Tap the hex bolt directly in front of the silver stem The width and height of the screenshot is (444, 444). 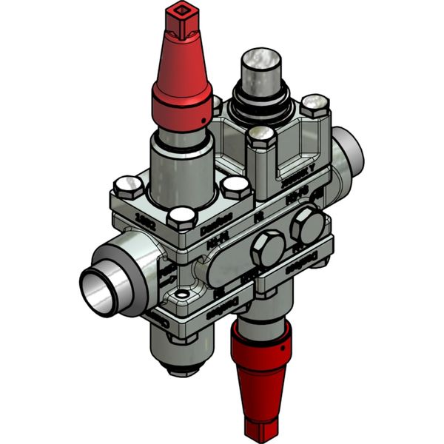260,138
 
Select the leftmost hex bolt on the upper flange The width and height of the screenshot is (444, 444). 129,186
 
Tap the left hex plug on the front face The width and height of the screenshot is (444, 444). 268,248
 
